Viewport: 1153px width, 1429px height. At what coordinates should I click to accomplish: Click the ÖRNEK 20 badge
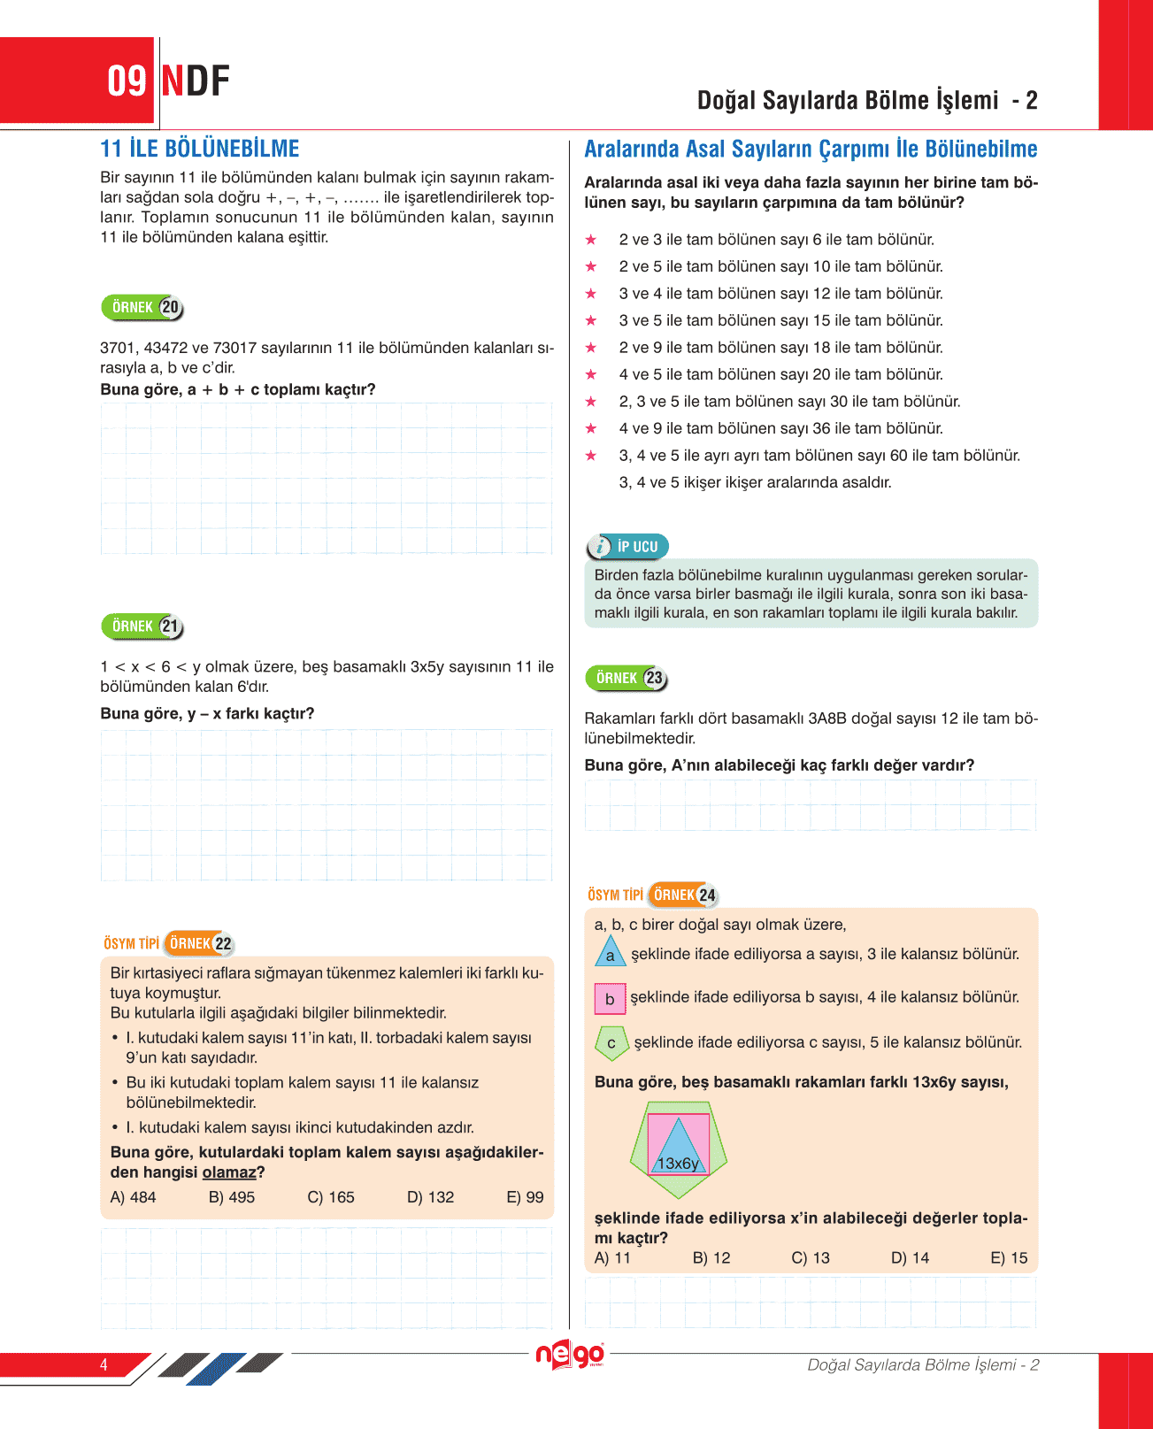142,307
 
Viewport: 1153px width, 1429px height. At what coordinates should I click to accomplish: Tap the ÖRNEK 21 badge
142,626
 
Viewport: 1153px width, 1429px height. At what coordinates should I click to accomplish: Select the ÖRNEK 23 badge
626,678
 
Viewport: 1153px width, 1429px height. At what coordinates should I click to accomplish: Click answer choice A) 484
133,1197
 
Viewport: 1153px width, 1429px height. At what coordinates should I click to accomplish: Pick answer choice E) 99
525,1197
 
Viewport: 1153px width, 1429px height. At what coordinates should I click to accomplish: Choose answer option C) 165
331,1197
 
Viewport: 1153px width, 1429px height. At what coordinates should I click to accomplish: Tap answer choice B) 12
711,1258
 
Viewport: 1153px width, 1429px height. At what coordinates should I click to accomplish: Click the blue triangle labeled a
610,953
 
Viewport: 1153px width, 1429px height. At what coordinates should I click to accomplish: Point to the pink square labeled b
610,999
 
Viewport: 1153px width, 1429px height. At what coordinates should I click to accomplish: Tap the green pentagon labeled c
611,1043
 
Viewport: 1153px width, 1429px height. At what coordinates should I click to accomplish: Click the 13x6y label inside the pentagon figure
678,1164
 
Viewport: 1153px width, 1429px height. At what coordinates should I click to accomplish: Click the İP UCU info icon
600,547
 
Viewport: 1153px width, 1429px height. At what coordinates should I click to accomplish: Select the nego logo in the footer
570,1355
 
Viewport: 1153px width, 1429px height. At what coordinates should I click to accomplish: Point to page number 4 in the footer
104,1364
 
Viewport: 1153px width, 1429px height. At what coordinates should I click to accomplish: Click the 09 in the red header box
127,81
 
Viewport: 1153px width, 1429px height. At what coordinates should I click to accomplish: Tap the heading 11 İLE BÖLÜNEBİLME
200,149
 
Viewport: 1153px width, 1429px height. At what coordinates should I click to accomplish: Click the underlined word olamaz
229,1172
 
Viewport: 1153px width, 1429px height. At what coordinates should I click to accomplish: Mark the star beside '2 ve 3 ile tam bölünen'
591,240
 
